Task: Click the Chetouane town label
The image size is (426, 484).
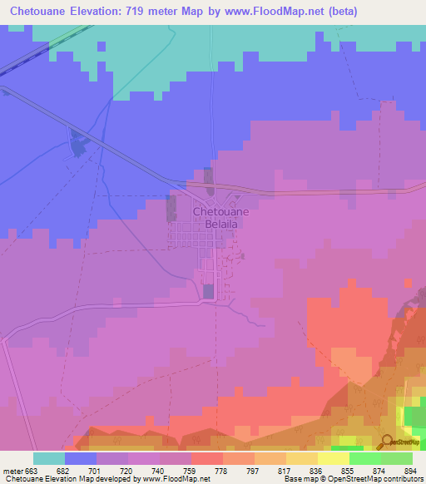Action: [x=220, y=212]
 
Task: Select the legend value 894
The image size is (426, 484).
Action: [x=409, y=470]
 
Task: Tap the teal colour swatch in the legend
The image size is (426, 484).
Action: [x=49, y=457]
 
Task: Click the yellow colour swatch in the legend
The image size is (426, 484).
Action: [x=333, y=457]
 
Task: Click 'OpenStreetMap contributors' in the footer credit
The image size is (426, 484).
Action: [x=379, y=480]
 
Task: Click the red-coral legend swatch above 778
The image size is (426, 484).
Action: [x=206, y=457]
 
